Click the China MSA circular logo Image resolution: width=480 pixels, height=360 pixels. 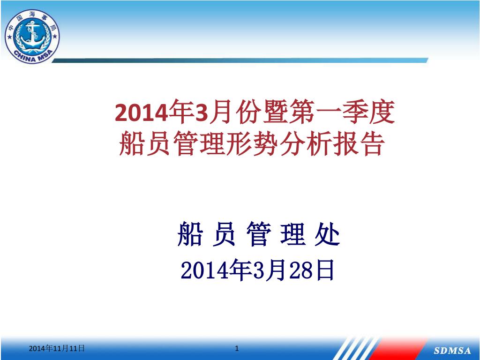pyautogui.click(x=32, y=36)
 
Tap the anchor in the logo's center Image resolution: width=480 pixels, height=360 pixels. pyautogui.click(x=32, y=33)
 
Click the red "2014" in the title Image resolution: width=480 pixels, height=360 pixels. pyautogui.click(x=142, y=113)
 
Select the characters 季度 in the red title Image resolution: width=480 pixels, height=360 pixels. pyautogui.click(x=368, y=112)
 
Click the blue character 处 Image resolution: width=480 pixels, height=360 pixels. pyautogui.click(x=327, y=233)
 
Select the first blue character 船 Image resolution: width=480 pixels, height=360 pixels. pyautogui.click(x=190, y=233)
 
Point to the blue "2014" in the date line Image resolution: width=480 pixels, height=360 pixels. pyautogui.click(x=205, y=270)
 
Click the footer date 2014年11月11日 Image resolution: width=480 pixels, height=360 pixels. pyautogui.click(x=57, y=348)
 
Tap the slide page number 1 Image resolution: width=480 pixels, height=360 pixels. pyautogui.click(x=237, y=348)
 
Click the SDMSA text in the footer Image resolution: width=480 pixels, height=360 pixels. pyautogui.click(x=452, y=351)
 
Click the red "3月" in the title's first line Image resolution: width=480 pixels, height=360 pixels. pyautogui.click(x=211, y=112)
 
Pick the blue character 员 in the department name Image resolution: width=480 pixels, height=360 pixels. pyautogui.click(x=224, y=233)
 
